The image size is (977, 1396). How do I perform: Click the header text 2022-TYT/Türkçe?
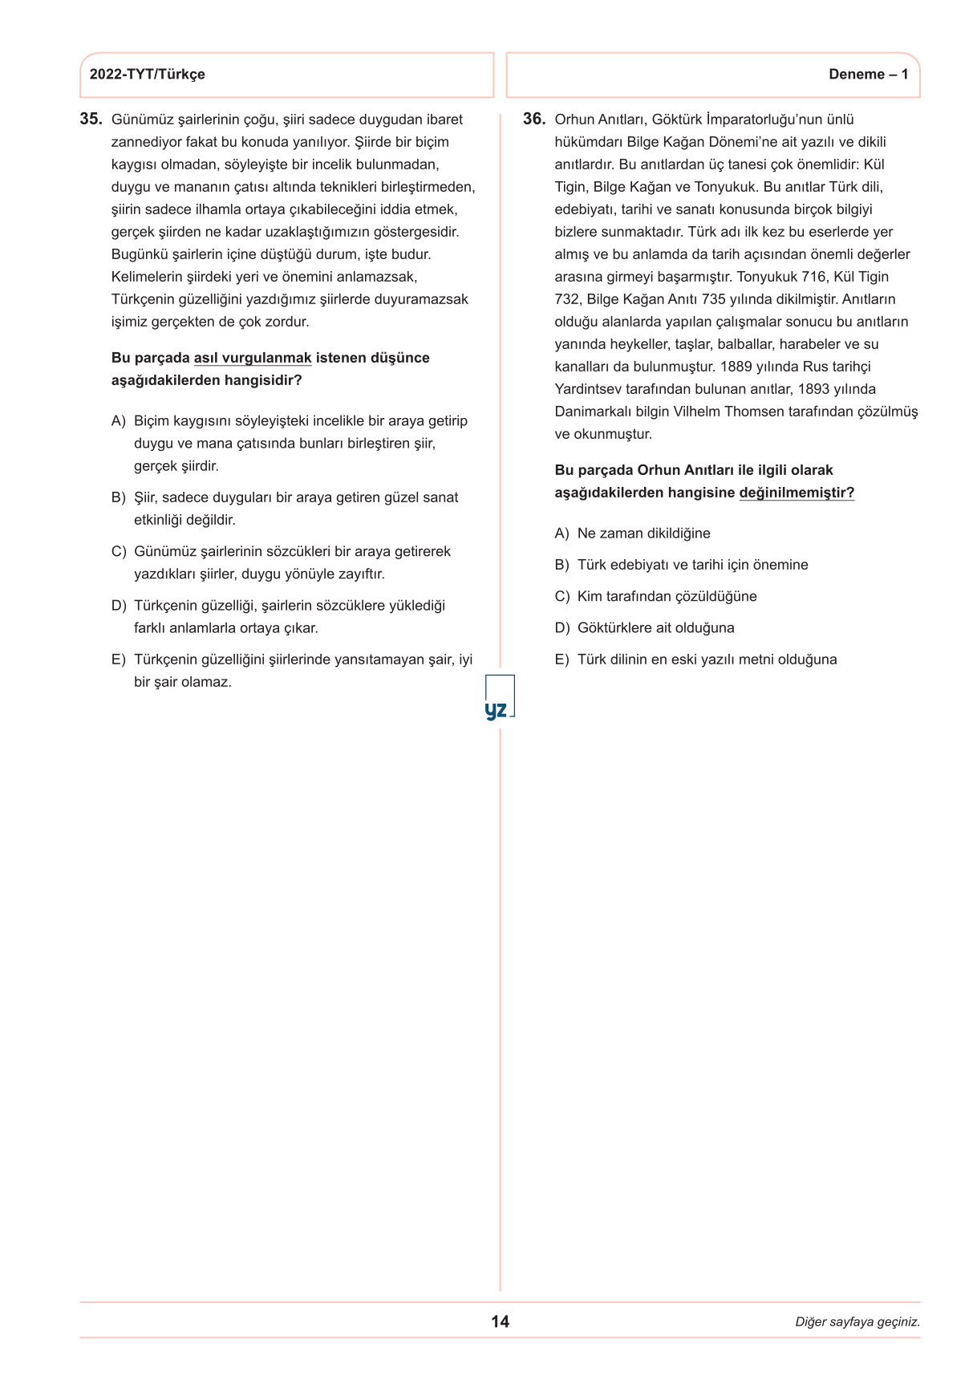[x=147, y=75]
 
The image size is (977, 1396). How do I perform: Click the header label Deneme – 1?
[x=868, y=75]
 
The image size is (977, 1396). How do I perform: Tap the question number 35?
[x=91, y=120]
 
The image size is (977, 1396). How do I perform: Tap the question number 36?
[x=533, y=120]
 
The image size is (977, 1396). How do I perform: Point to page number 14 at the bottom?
[x=500, y=1321]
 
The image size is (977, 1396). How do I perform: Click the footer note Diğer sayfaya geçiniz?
[x=857, y=1322]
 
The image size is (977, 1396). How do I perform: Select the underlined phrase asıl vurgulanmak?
[x=253, y=358]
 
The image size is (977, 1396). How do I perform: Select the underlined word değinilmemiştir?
[x=797, y=493]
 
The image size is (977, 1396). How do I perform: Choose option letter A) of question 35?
[x=119, y=421]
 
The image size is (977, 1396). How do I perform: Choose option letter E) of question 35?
[x=119, y=659]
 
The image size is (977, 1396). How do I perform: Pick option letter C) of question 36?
[x=561, y=597]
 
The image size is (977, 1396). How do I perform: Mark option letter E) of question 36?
[x=561, y=659]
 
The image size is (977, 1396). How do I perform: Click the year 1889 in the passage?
[x=736, y=367]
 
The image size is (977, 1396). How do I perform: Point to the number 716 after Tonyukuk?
[x=813, y=277]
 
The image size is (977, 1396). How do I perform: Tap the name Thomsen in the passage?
[x=752, y=412]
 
